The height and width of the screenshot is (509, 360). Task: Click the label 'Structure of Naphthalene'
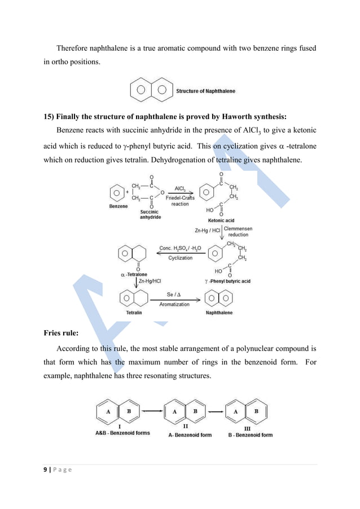tap(206, 91)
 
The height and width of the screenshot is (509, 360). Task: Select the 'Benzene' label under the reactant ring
tap(117, 207)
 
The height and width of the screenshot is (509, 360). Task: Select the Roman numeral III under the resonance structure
tap(247, 428)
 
